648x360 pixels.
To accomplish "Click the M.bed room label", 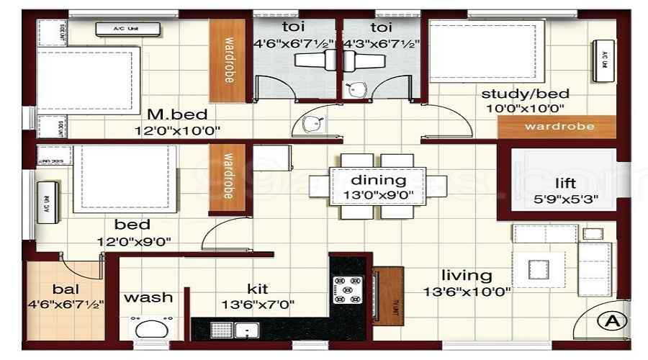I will (177, 114).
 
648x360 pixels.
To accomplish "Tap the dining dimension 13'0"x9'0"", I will (378, 194).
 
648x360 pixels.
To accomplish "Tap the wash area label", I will (149, 297).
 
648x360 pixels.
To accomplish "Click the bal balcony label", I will (64, 289).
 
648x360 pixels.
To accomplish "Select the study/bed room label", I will (526, 94).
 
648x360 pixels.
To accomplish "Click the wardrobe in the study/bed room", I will (559, 127).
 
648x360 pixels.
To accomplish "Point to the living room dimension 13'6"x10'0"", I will (467, 292).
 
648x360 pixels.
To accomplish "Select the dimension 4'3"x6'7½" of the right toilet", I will (380, 43).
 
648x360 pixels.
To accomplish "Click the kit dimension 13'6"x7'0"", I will (257, 304).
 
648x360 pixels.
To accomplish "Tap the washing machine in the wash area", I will (151, 329).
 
